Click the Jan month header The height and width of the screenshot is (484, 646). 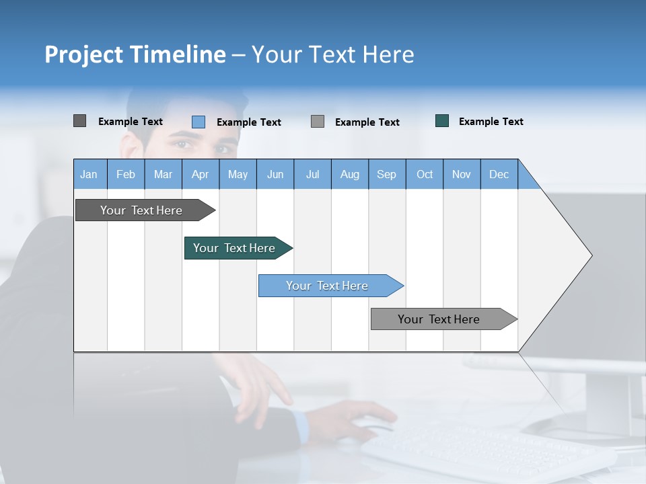[x=89, y=174]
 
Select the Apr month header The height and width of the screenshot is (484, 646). [x=200, y=174]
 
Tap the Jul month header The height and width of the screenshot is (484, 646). [x=312, y=174]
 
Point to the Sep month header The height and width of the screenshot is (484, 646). [x=386, y=174]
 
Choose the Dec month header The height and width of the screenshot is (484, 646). [x=499, y=174]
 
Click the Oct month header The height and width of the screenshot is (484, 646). [x=425, y=174]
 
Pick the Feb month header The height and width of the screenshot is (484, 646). [x=126, y=174]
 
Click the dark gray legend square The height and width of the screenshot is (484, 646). [x=79, y=121]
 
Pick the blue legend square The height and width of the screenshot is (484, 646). [x=199, y=122]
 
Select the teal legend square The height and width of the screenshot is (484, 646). [x=442, y=121]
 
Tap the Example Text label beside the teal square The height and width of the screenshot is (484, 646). [x=491, y=121]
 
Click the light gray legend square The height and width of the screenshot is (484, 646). [x=318, y=122]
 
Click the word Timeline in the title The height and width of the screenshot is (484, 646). [x=178, y=54]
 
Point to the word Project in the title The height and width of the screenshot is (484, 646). [x=84, y=54]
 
